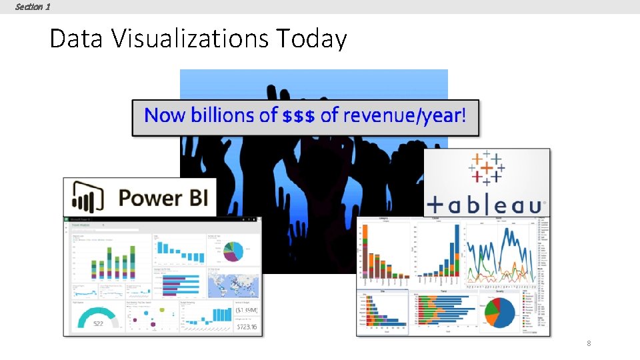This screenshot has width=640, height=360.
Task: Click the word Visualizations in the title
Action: point(189,39)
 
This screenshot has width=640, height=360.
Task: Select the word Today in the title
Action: point(311,39)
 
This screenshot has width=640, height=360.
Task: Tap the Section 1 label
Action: point(32,7)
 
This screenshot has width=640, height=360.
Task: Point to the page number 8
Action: point(589,343)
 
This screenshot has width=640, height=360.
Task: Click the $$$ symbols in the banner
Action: point(299,116)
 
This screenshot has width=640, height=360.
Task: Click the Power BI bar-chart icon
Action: point(85,197)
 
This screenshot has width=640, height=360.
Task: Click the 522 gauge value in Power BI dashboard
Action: point(98,323)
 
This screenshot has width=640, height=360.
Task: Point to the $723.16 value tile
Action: point(246,327)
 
